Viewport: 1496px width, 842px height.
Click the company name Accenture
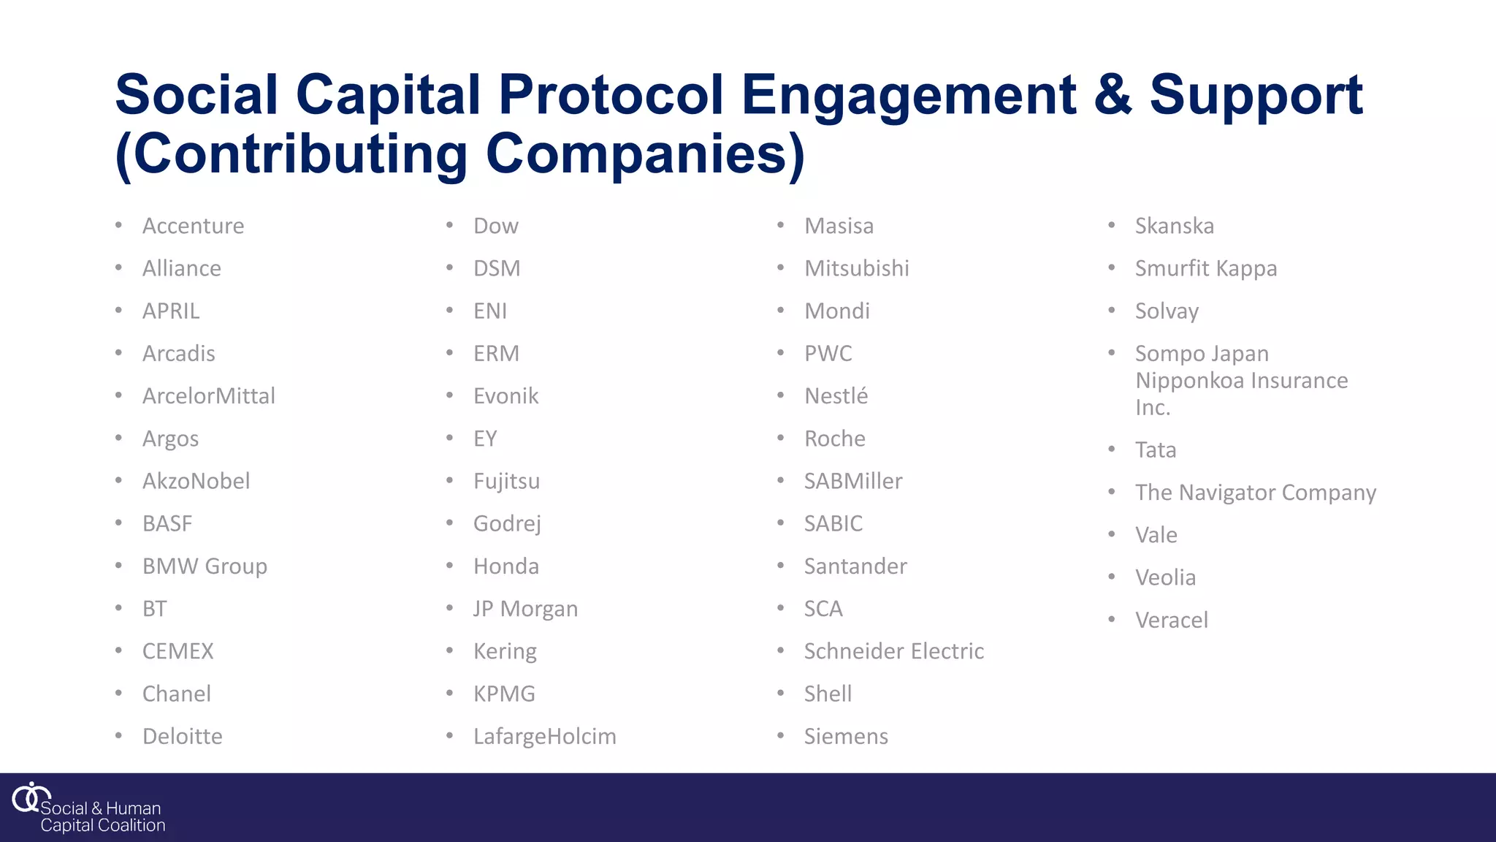click(x=193, y=226)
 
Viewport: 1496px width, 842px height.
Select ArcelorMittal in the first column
click(x=208, y=396)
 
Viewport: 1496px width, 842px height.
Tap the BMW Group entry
click(x=205, y=566)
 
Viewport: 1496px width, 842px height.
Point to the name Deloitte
click(x=182, y=737)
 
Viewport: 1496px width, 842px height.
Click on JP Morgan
click(x=525, y=609)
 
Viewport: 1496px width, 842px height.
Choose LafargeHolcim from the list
click(x=544, y=737)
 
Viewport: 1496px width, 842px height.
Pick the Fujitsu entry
click(x=506, y=481)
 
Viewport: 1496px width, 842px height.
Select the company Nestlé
click(x=836, y=396)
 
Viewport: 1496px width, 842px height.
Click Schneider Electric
click(x=893, y=651)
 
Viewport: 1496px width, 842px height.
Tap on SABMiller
click(x=852, y=481)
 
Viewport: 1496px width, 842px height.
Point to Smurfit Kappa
click(x=1205, y=268)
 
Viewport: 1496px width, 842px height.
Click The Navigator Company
click(x=1255, y=493)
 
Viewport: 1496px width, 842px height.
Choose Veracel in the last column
click(x=1171, y=621)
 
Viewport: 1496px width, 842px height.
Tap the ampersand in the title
click(x=1113, y=95)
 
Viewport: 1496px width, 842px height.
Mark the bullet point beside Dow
click(x=450, y=225)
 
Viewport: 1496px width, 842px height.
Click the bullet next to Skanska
click(x=1112, y=225)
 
